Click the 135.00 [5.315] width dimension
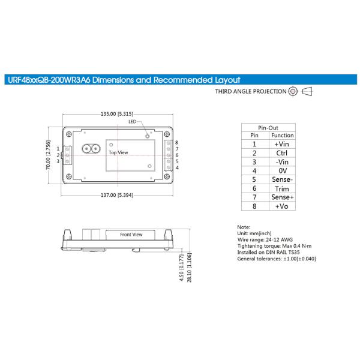[117, 114]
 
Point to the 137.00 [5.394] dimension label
[117, 195]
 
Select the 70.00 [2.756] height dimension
[48, 155]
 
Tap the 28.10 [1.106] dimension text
[189, 268]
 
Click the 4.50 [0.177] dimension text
[181, 268]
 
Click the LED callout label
[132, 122]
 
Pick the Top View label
[118, 152]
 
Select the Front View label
[131, 235]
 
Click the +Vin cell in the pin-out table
[282, 144]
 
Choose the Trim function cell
[282, 189]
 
